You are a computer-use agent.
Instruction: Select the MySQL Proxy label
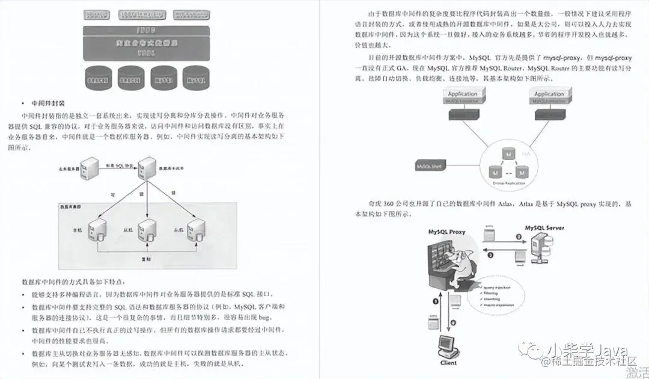[x=446, y=232]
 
